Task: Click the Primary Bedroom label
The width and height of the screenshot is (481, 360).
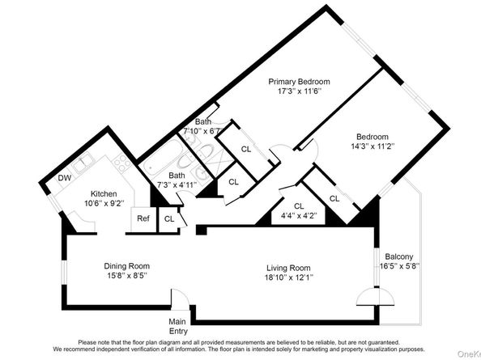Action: (x=299, y=82)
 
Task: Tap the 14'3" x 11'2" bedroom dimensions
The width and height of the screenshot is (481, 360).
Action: (x=372, y=146)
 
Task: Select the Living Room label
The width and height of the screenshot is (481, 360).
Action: (x=288, y=268)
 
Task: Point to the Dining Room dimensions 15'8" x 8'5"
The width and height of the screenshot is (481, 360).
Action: (x=127, y=275)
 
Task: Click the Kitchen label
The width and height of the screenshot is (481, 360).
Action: (x=104, y=194)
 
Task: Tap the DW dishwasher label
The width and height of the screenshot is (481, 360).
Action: (x=65, y=178)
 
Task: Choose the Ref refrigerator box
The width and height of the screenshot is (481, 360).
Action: (x=143, y=220)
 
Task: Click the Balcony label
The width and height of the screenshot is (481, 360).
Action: (x=398, y=256)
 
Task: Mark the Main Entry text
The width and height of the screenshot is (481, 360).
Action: (x=178, y=326)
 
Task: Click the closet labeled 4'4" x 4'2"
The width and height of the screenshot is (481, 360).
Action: (x=299, y=211)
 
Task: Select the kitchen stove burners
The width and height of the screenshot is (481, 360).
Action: (x=122, y=163)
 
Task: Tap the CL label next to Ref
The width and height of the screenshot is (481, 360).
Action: (x=169, y=219)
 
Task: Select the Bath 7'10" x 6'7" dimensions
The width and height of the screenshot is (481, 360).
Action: (x=203, y=131)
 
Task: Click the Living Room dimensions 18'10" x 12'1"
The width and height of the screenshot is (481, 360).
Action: (x=288, y=277)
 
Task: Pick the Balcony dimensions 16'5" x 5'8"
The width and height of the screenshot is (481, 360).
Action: (x=399, y=266)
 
